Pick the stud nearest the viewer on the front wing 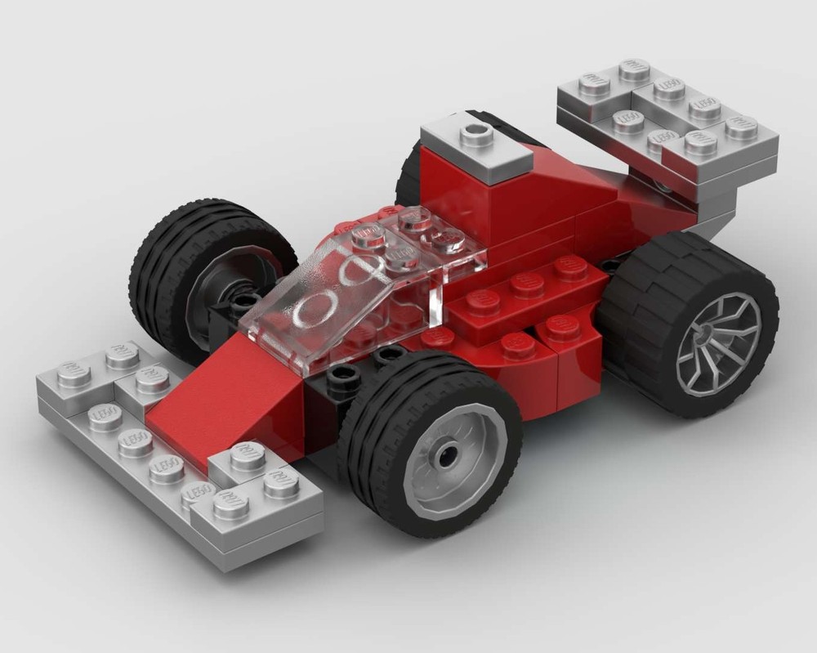(x=231, y=506)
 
